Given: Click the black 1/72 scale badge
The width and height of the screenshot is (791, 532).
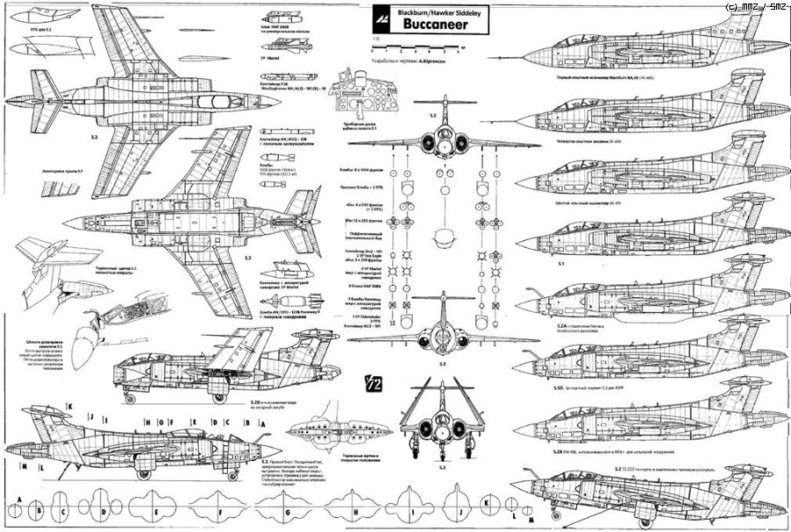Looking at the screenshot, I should point(370,384).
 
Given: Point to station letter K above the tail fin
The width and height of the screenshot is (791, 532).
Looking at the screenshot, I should point(69,406).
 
